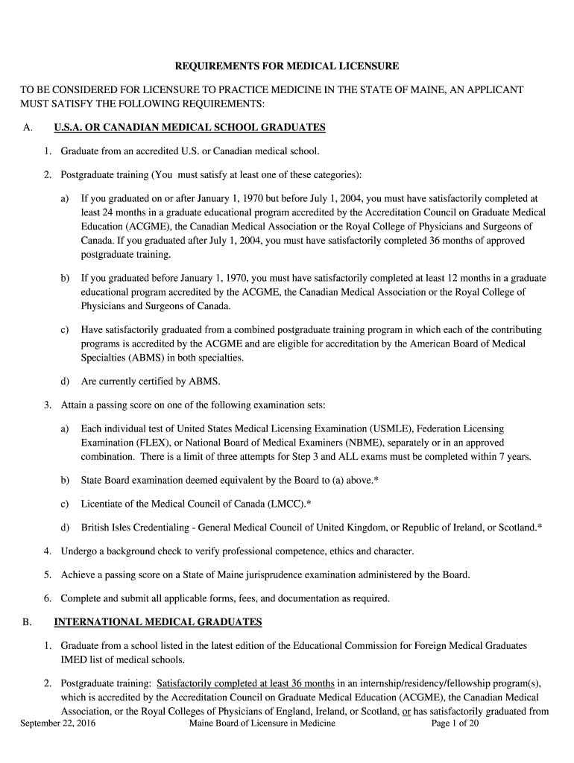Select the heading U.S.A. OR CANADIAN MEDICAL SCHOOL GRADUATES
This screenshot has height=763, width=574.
(x=190, y=127)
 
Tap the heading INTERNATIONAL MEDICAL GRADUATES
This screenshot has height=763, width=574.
(x=158, y=621)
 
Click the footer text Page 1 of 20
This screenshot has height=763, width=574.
(x=455, y=723)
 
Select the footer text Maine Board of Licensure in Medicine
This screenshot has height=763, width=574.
(x=262, y=723)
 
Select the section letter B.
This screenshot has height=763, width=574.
(x=27, y=621)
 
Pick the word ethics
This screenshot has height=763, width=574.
(x=356, y=551)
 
